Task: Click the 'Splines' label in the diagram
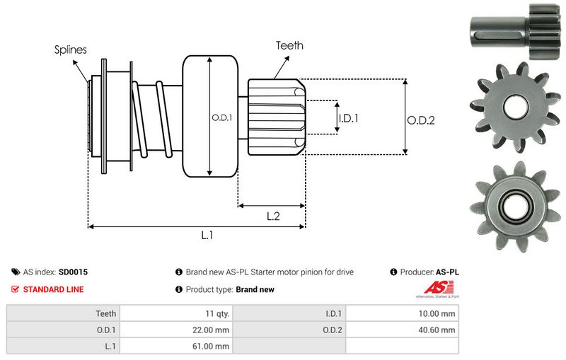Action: tap(71, 50)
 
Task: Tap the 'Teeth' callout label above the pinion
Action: tap(289, 45)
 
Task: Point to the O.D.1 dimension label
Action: tap(222, 117)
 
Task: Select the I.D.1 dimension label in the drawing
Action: tap(349, 118)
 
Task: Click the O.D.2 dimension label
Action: tap(421, 120)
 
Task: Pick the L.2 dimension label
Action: tap(274, 217)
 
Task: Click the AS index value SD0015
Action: tap(74, 272)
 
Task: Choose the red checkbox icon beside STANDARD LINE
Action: tap(16, 289)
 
